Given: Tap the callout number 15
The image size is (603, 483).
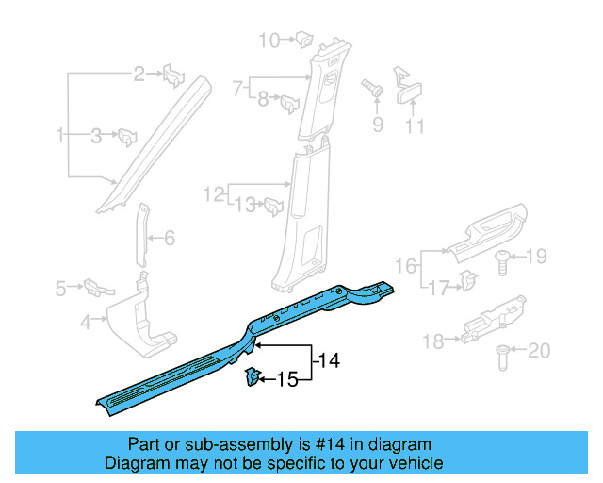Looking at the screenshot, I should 286,380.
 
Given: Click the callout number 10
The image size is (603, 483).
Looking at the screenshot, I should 269,40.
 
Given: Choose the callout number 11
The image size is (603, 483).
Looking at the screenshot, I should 415,126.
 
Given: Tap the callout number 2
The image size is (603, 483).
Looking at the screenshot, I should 139,74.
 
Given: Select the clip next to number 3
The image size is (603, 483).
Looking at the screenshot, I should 124,138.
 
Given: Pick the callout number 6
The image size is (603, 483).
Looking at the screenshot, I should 170,239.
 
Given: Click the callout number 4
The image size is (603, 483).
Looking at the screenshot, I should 85,323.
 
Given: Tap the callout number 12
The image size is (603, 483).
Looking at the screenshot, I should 213,194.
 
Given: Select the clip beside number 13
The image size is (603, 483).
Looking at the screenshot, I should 274,205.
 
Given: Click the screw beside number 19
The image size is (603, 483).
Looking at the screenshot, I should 502,260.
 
